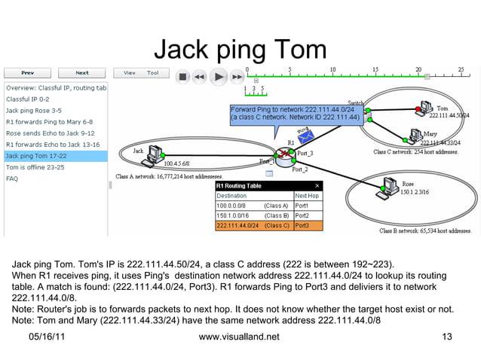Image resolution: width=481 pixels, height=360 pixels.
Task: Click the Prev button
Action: coord(27,73)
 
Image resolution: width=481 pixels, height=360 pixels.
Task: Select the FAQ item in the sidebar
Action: coord(12,178)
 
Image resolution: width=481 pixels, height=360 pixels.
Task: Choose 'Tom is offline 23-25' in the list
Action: coord(35,167)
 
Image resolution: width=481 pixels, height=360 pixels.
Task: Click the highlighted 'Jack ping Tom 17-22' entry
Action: coord(36,156)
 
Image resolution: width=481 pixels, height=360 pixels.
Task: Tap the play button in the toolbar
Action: coord(217,76)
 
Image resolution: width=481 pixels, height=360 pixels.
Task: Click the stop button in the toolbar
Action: coord(182,76)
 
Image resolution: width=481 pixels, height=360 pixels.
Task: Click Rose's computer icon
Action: coord(390,184)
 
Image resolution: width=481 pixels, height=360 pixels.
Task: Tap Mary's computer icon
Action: coord(414,136)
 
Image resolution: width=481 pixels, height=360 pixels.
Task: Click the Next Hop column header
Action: coord(308,195)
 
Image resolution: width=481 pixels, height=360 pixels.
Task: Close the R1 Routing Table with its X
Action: coord(317,185)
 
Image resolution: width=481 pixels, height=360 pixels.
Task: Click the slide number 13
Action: coord(447,337)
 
